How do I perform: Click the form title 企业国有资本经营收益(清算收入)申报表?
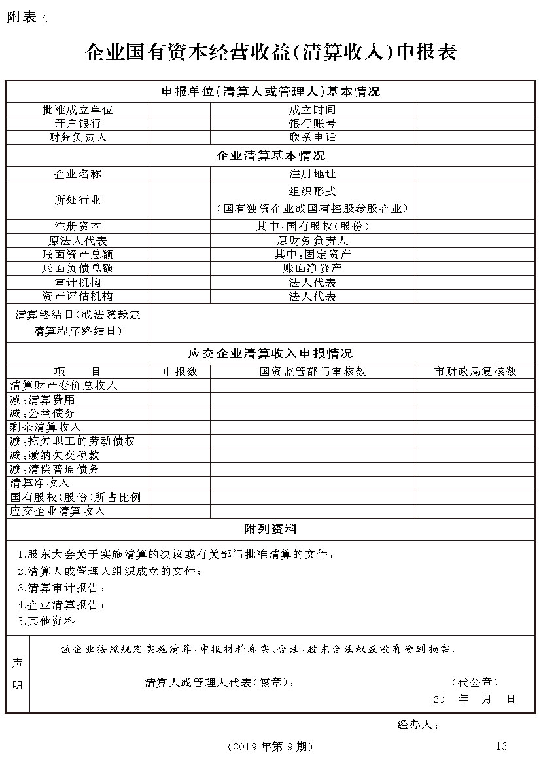coord(271,53)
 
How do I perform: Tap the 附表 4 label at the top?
coord(27,18)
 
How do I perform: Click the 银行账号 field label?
coord(312,124)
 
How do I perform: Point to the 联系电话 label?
coord(312,137)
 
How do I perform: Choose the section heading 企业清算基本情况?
coord(270,156)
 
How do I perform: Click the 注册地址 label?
coord(312,174)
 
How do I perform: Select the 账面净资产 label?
coord(312,268)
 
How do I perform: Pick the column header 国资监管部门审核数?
coord(312,371)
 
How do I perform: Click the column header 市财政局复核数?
coord(476,371)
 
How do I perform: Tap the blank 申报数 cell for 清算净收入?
coord(180,483)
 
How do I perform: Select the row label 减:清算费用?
coord(43,399)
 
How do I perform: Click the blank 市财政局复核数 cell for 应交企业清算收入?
coord(476,511)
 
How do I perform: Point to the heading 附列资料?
coord(270,528)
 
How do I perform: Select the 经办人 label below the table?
coord(417,725)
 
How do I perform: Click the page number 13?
coord(502,746)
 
